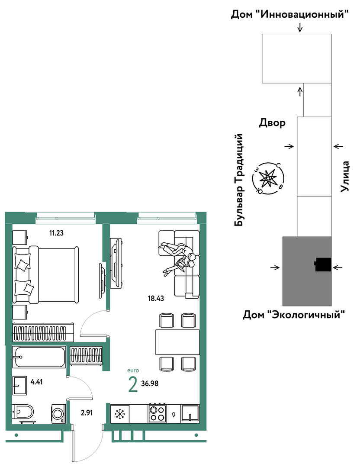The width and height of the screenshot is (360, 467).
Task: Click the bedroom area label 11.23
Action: click(x=56, y=233)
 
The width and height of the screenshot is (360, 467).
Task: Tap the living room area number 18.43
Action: click(x=156, y=298)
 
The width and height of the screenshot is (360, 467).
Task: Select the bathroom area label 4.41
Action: click(x=37, y=382)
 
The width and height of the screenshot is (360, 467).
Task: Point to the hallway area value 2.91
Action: click(x=87, y=413)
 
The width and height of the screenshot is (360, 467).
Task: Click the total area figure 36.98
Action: click(x=149, y=383)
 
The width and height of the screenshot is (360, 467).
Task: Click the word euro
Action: click(x=133, y=370)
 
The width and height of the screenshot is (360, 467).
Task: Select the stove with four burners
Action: click(x=157, y=413)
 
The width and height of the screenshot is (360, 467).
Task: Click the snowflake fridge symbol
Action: click(x=120, y=414)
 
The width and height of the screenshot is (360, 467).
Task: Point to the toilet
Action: click(x=23, y=412)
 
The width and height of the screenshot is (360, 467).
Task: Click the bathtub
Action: click(x=39, y=357)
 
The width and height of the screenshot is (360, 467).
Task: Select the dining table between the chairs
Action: click(x=177, y=342)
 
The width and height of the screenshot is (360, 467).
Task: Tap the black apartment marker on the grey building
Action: click(x=322, y=264)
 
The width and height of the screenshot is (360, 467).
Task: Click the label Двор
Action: click(x=272, y=122)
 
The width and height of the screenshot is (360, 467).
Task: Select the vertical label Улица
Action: click(x=345, y=176)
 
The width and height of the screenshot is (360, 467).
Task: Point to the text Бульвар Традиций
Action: click(x=239, y=180)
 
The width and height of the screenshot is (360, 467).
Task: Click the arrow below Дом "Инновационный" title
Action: click(x=300, y=27)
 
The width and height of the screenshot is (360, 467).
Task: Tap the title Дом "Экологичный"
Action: click(x=294, y=314)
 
